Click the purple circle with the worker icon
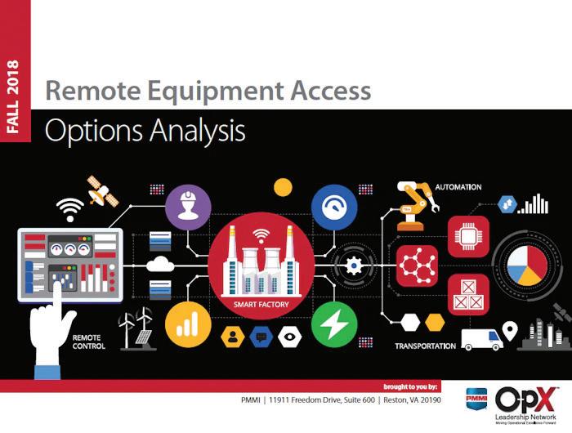[188, 208]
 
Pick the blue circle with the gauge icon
[334, 206]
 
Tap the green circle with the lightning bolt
[334, 324]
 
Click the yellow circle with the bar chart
[188, 324]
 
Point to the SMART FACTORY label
[261, 306]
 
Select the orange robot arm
[417, 203]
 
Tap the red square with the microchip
[468, 236]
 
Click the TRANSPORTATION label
[425, 346]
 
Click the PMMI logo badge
[476, 400]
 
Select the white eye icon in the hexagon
[289, 336]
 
